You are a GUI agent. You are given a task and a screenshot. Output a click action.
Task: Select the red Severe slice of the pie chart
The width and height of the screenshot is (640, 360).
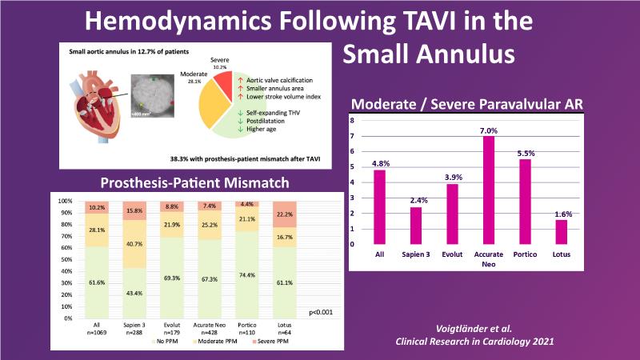tap(231, 87)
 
